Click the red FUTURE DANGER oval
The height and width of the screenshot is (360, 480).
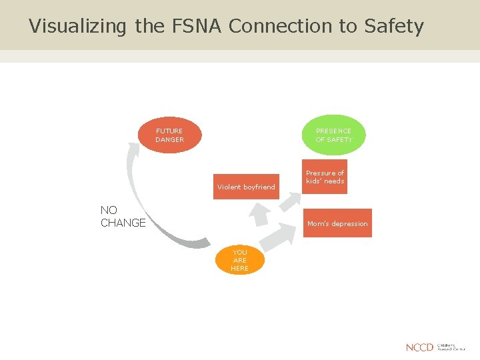pos(169,135)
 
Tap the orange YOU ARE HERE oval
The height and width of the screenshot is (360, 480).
pos(239,260)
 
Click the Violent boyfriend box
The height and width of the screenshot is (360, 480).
pos(246,187)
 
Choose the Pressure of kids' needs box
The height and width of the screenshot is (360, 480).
pos(325,177)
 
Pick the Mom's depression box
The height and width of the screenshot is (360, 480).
pos(337,224)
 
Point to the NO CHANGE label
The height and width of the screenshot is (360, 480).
pos(123,217)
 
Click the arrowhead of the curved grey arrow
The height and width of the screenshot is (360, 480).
pos(133,149)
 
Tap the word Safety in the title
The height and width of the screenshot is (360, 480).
pos(394,27)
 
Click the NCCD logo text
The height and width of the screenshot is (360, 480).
pos(419,347)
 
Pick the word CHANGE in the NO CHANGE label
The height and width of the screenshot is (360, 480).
pos(123,223)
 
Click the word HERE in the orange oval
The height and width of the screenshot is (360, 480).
pos(239,269)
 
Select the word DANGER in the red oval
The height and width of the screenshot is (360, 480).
pos(169,140)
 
